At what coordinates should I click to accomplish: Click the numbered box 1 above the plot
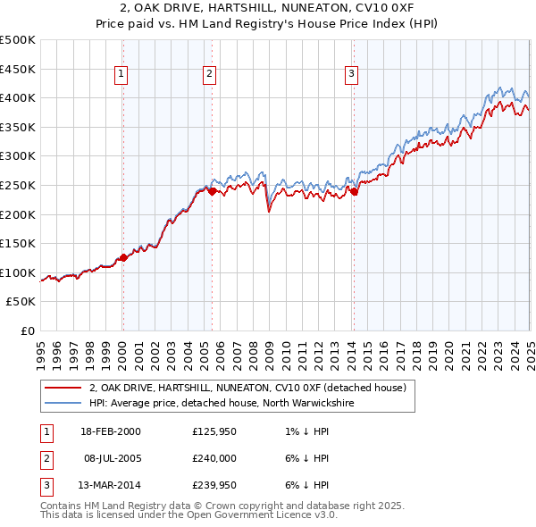(121, 74)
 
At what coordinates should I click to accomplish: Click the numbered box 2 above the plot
(209, 74)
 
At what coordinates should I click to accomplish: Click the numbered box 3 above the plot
(351, 74)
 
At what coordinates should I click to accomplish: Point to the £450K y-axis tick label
(18, 69)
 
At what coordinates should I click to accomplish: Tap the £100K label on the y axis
(18, 272)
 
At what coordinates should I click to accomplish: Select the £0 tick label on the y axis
(27, 330)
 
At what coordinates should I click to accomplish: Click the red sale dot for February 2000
(123, 257)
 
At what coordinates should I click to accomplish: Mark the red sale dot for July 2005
(212, 191)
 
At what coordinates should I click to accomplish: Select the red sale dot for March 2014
(354, 191)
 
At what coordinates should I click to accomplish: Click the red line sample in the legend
(63, 388)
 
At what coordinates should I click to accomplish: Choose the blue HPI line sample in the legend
(63, 403)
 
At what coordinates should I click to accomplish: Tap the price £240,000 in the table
(215, 459)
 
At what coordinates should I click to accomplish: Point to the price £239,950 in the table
(215, 486)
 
